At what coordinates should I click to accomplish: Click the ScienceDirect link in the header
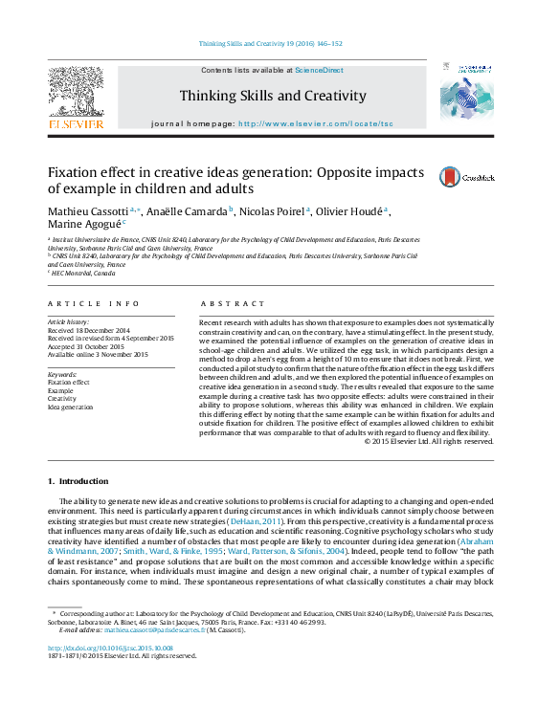(319, 71)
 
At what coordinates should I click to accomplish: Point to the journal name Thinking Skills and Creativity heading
(273, 96)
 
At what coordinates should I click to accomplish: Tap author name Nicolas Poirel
(274, 210)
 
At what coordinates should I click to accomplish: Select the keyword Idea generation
(71, 407)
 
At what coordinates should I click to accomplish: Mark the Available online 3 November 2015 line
(99, 354)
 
